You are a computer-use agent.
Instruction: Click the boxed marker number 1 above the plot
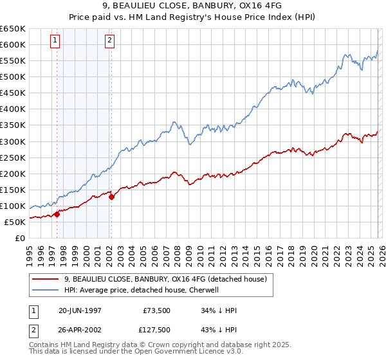click(x=55, y=40)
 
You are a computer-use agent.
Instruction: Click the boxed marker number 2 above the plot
click(x=110, y=40)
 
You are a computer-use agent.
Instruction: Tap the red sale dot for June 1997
click(x=57, y=214)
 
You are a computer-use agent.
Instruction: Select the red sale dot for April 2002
click(x=111, y=197)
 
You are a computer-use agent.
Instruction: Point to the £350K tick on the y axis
click(x=13, y=125)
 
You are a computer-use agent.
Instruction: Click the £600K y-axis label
click(x=13, y=44)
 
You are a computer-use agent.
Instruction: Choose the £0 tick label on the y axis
click(x=19, y=238)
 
